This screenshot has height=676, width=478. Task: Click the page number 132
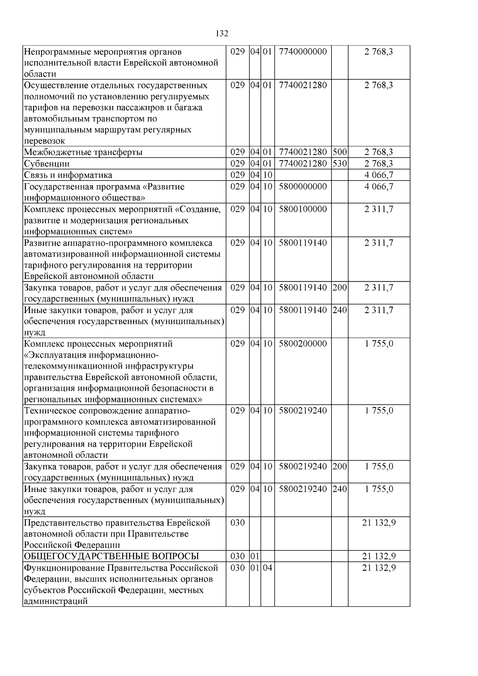tap(222, 33)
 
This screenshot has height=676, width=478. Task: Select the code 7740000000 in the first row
tap(303, 52)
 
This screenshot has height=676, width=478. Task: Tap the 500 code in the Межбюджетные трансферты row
tap(340, 152)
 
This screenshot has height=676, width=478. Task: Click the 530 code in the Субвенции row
tap(340, 164)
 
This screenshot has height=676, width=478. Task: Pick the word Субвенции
tap(47, 164)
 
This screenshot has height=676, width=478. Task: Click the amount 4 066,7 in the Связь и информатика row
tap(378, 175)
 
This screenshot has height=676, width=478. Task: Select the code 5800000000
tap(303, 186)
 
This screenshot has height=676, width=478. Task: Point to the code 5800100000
tap(303, 209)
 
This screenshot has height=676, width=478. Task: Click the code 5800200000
tap(303, 343)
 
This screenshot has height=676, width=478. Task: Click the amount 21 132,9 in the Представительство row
tap(378, 523)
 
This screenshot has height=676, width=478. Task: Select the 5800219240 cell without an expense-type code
tap(303, 410)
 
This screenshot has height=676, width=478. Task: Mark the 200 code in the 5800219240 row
tap(340, 466)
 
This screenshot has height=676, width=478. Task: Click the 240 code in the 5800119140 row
tap(340, 310)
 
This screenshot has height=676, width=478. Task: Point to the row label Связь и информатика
tap(68, 175)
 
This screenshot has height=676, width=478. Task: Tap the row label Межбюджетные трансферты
tap(83, 152)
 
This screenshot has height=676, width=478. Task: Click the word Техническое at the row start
tap(50, 410)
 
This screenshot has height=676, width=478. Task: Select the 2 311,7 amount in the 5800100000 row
tap(378, 209)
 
